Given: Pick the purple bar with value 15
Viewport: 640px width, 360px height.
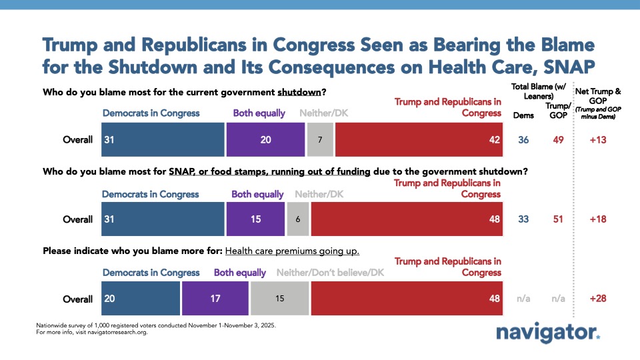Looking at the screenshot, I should (256, 220).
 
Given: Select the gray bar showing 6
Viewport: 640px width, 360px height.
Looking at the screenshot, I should (297, 220).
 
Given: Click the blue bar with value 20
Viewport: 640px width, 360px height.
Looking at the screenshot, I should (140, 299).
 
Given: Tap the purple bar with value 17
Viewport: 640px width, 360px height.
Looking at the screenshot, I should (215, 299).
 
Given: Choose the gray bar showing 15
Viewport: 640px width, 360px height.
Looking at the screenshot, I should (279, 299).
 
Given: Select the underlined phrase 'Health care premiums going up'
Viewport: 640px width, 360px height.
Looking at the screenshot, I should (293, 251).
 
